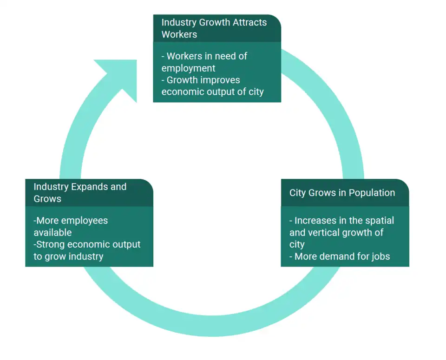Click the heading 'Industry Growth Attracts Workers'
point(214,28)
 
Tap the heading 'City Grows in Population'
point(342,193)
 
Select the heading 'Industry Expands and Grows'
point(80,193)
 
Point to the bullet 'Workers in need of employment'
point(204,62)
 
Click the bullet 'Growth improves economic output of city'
point(212,86)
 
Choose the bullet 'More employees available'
point(71,226)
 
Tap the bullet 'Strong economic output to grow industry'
point(87,250)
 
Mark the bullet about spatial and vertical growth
point(341,232)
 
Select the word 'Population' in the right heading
point(372,193)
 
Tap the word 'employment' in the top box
point(188,68)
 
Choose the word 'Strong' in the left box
point(50,244)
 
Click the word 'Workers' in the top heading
point(179,34)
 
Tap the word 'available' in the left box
point(52,232)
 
